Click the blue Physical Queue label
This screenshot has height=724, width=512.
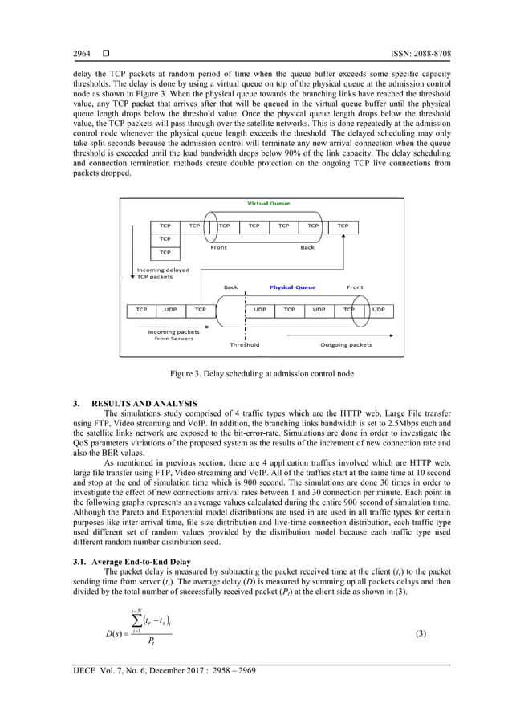tap(292, 287)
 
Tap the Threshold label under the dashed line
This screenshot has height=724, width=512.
tap(244, 344)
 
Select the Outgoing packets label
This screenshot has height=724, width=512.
tap(346, 344)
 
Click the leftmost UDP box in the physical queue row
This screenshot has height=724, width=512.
tap(171, 309)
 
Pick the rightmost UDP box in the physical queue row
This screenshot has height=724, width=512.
tap(378, 309)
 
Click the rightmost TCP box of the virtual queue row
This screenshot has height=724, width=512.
tap(343, 226)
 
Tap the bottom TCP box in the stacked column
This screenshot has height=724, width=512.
tap(165, 252)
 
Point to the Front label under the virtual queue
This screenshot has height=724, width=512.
tap(218, 247)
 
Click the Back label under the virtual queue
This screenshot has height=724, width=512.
tap(307, 247)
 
